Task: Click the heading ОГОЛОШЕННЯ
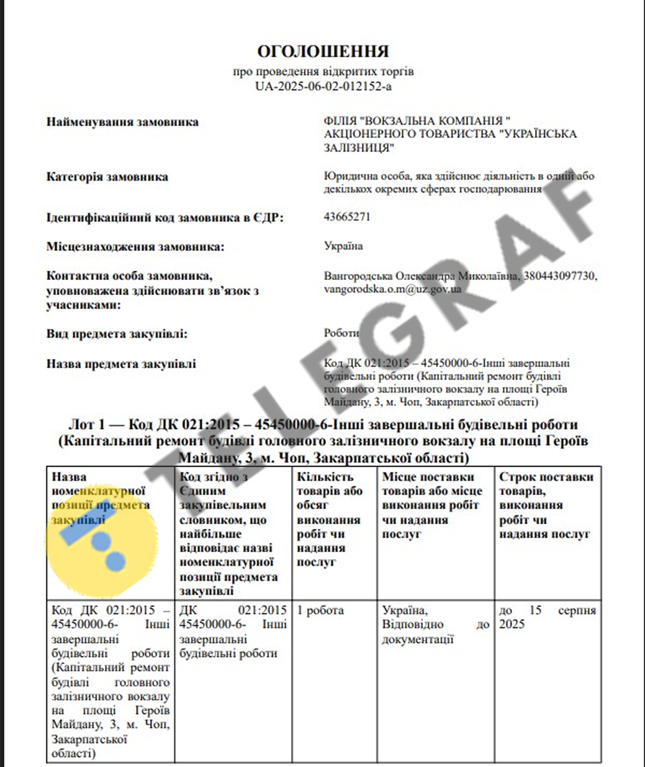click(x=323, y=52)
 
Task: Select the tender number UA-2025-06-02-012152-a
click(x=323, y=86)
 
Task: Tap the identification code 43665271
click(x=347, y=217)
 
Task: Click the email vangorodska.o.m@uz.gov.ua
click(x=392, y=289)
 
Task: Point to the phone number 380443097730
click(x=561, y=275)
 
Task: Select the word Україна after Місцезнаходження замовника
click(x=343, y=246)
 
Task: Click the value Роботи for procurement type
click(x=341, y=333)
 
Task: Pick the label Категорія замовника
click(x=107, y=177)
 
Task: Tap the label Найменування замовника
click(x=122, y=122)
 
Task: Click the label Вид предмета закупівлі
click(x=117, y=334)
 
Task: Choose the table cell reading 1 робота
click(x=320, y=610)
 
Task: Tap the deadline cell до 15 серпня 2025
click(x=547, y=617)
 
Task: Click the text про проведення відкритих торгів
click(x=323, y=72)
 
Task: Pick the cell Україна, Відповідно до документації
click(x=435, y=624)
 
